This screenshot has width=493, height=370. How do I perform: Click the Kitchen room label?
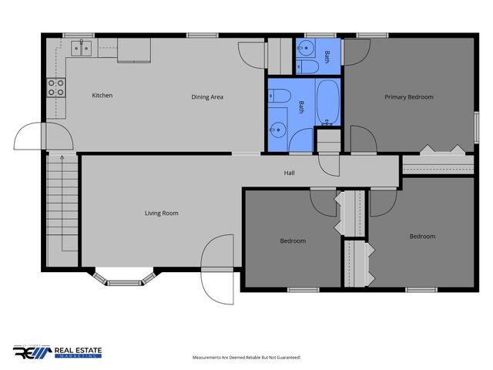(102, 96)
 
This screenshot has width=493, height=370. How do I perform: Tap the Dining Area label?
(207, 97)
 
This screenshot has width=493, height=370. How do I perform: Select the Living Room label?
(162, 213)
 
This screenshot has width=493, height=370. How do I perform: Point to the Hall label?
(289, 173)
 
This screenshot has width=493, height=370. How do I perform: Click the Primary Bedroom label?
(409, 97)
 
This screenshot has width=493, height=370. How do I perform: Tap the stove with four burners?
(55, 87)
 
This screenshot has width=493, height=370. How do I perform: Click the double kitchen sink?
(80, 49)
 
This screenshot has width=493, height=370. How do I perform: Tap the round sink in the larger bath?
(278, 129)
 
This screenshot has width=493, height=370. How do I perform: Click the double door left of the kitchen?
(44, 139)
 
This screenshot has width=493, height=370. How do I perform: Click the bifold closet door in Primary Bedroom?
(442, 148)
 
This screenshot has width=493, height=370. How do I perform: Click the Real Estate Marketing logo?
(58, 351)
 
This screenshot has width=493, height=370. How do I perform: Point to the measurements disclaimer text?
(246, 358)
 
